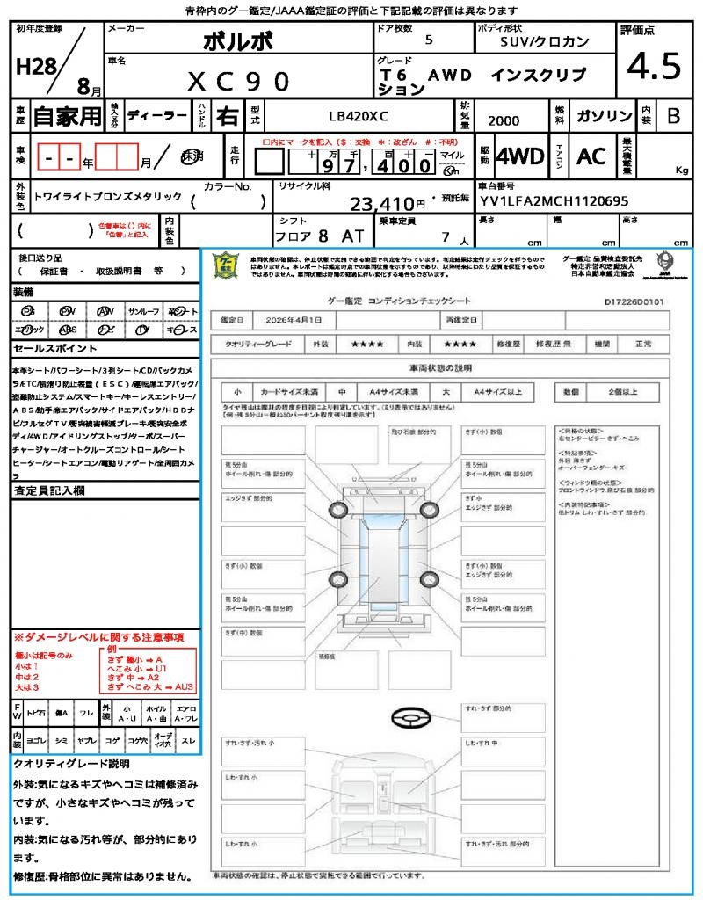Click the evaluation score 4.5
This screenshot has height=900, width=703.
(654, 66)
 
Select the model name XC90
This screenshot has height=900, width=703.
(238, 81)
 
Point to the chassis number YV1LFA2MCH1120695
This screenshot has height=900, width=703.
(554, 201)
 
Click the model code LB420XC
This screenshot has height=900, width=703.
(358, 116)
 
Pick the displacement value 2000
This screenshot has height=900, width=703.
(503, 120)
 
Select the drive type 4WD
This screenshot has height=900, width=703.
(520, 156)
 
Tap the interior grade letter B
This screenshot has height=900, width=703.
(673, 116)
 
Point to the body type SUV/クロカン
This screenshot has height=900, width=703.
(545, 40)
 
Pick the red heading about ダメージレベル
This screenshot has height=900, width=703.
(98, 636)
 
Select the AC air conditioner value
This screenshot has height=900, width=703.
(591, 156)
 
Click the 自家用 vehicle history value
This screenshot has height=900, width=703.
(68, 116)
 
